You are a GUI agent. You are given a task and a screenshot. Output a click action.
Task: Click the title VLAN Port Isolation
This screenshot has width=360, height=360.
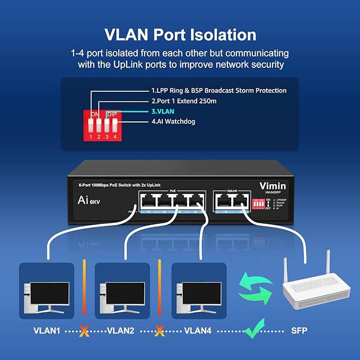180,34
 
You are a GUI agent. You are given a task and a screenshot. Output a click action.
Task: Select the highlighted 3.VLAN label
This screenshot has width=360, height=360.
163,112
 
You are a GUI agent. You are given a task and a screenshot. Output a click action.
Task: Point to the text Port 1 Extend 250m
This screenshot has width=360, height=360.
184,101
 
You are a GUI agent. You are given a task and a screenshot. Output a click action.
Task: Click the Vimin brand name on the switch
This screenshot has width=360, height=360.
273,186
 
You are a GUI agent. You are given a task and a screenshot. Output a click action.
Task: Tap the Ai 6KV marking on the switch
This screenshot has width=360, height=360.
85,200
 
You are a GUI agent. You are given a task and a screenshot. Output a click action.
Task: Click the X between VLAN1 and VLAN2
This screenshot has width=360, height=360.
84,331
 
